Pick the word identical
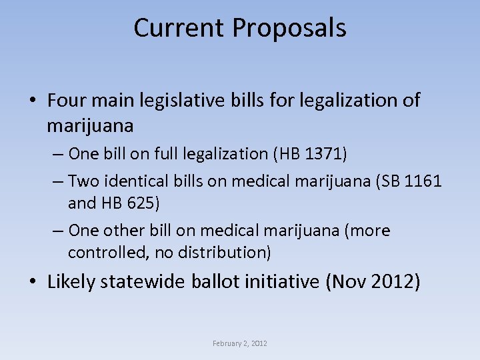[131, 181]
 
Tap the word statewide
[143, 282]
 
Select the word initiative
[284, 282]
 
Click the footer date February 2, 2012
[240, 343]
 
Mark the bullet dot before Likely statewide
[33, 283]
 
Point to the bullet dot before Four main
[33, 101]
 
